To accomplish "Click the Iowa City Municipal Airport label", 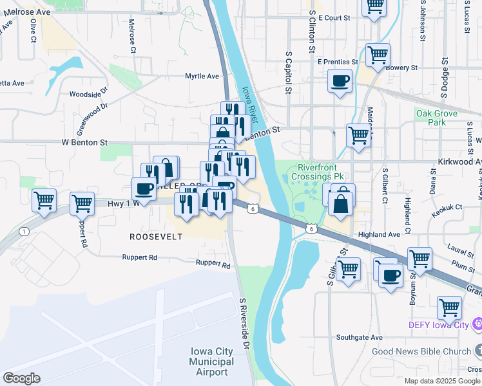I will [x=212, y=362].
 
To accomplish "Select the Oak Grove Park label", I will [x=436, y=118].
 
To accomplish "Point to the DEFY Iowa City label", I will [x=441, y=325].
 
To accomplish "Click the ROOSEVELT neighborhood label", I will [x=156, y=237].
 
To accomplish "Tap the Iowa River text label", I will [x=251, y=102].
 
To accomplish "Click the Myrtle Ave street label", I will [x=202, y=76].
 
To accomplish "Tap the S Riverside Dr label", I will [x=244, y=323].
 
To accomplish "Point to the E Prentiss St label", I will [x=338, y=62].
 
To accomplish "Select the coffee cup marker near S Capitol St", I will [x=340, y=82].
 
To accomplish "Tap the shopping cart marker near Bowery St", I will [x=378, y=54].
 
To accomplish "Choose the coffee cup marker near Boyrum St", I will [x=390, y=276].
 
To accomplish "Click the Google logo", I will [x=22, y=378].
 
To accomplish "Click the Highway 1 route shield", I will [x=24, y=231].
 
